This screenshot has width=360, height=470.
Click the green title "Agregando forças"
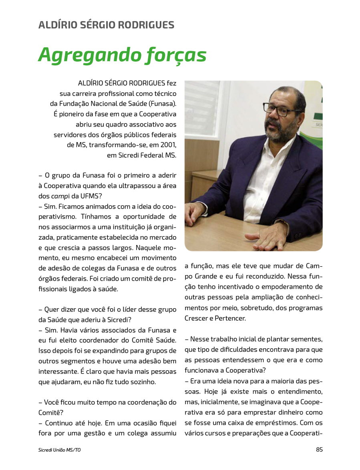click(x=122, y=55)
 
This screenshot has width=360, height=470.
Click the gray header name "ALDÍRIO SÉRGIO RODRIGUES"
click(x=106, y=25)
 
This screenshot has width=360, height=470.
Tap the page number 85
click(x=319, y=450)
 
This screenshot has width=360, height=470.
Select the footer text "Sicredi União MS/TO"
click(x=59, y=450)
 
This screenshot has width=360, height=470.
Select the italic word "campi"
click(x=58, y=196)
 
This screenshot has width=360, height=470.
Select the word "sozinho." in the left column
click(x=142, y=382)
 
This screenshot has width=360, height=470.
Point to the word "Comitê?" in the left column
click(x=50, y=413)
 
